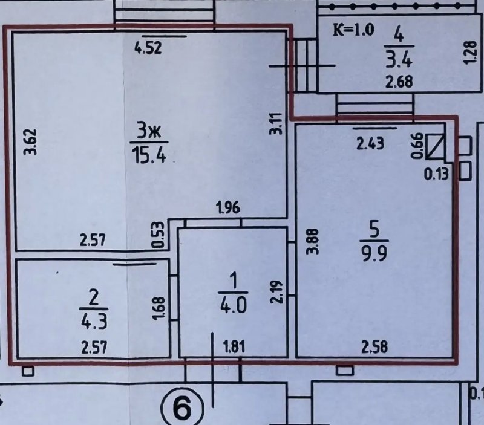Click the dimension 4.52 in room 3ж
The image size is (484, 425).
pyautogui.click(x=148, y=49)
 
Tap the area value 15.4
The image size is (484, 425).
pyautogui.click(x=149, y=155)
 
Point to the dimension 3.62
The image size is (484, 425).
pyautogui.click(x=32, y=141)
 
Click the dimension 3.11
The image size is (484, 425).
pyautogui.click(x=276, y=123)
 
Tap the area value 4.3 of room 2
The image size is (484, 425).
pyautogui.click(x=94, y=322)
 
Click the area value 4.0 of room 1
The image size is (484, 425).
pyautogui.click(x=233, y=307)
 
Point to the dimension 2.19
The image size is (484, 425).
pyautogui.click(x=276, y=292)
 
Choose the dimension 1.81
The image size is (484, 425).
pyautogui.click(x=234, y=346)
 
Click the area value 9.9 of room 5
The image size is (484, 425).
pyautogui.click(x=374, y=254)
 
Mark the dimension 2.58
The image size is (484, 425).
pyautogui.click(x=374, y=347)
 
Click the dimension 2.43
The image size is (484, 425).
pyautogui.click(x=370, y=144)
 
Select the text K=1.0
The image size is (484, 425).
pyautogui.click(x=354, y=30)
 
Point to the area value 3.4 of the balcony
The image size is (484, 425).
pyautogui.click(x=399, y=59)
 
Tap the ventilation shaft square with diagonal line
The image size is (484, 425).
pyautogui.click(x=436, y=146)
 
